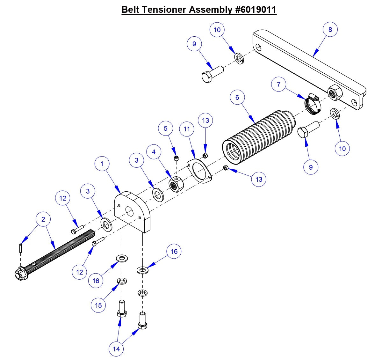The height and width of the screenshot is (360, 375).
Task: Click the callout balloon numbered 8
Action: (330, 29)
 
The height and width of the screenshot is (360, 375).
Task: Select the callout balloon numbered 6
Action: (237, 97)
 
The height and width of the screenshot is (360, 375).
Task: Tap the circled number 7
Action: (279, 84)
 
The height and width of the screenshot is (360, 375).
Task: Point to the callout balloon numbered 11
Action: (187, 129)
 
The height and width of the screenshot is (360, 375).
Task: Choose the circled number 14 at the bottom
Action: (116, 349)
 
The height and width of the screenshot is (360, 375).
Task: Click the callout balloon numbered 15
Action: (98, 305)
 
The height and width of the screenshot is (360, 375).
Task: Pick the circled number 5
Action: (165, 128)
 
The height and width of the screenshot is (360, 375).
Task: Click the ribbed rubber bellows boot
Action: (258, 137)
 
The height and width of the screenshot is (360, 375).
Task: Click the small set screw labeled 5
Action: (176, 158)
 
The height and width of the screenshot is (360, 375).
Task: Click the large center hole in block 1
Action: (130, 211)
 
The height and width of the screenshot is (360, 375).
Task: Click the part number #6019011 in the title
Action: (256, 10)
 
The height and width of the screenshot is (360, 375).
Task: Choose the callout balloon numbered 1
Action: (102, 164)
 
